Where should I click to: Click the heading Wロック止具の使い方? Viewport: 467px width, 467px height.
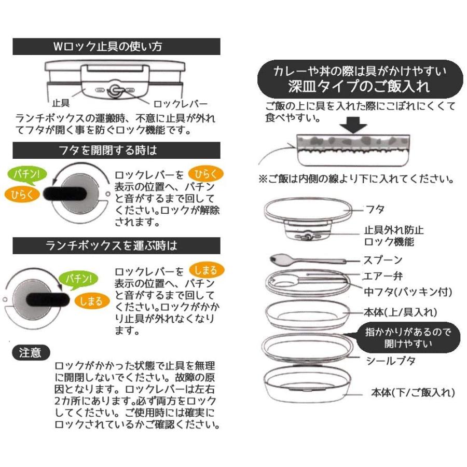click(116, 46)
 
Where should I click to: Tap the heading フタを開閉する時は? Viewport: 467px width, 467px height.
click(116, 150)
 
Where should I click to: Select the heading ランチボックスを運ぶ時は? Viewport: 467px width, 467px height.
click(116, 245)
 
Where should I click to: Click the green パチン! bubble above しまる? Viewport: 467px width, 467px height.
click(78, 279)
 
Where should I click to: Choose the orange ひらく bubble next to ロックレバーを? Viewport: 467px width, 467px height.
click(206, 173)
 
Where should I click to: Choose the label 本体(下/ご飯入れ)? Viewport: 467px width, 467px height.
click(413, 392)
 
